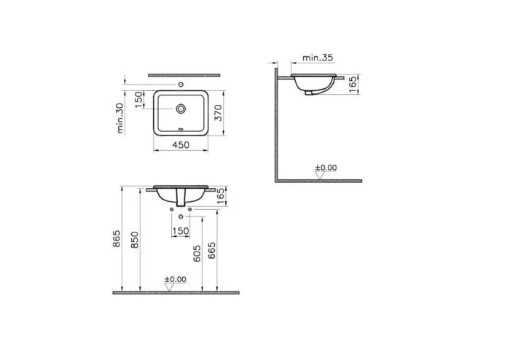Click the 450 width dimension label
[x=180, y=145]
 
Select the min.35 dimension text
[x=318, y=57]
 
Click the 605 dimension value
[x=197, y=255]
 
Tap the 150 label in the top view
[x=138, y=98]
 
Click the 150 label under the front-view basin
[x=180, y=231]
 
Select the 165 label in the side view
[x=353, y=82]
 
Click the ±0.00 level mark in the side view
[x=326, y=168]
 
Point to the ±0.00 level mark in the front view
[x=175, y=280]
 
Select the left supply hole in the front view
[x=172, y=209]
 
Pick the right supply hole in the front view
[x=189, y=209]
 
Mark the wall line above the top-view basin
[x=184, y=74]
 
